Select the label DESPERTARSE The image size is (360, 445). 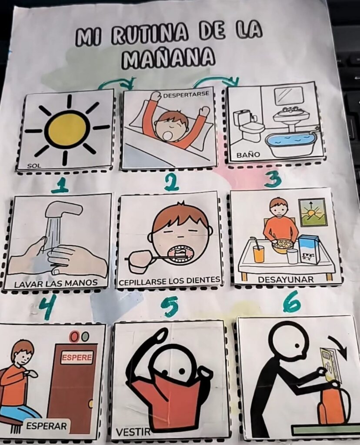[x=186, y=94]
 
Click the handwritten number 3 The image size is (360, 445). [x=273, y=179]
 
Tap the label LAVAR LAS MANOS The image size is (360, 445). [x=56, y=282]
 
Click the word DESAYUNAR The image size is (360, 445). [x=286, y=279]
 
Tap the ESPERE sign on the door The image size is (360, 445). [x=77, y=357]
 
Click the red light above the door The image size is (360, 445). [x=74, y=337]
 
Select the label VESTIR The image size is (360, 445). [x=133, y=432]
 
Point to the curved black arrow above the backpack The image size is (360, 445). [x=339, y=345]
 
